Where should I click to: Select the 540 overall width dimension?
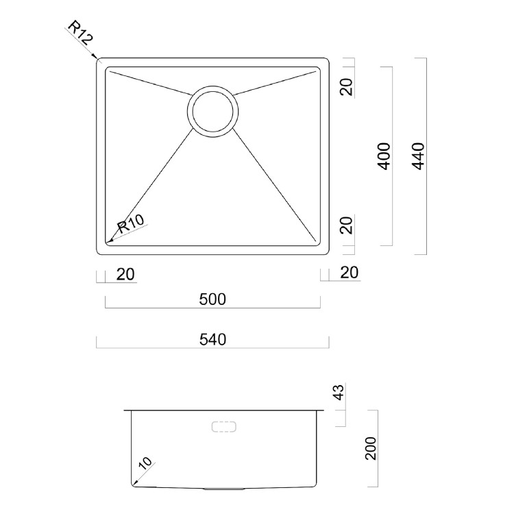coord(212,339)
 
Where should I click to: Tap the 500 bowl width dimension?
coord(212,299)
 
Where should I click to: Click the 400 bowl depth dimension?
coord(384,156)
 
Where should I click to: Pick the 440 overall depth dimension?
coord(419,156)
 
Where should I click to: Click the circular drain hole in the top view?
coord(213,110)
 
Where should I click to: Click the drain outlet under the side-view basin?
coord(224,489)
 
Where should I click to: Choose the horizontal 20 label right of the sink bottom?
coord(349,273)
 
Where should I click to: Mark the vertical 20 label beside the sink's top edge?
coord(348,88)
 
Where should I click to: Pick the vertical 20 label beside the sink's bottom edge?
coord(348,225)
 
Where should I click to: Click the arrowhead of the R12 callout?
coord(99,60)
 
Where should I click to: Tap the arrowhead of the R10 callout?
coord(110,241)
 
